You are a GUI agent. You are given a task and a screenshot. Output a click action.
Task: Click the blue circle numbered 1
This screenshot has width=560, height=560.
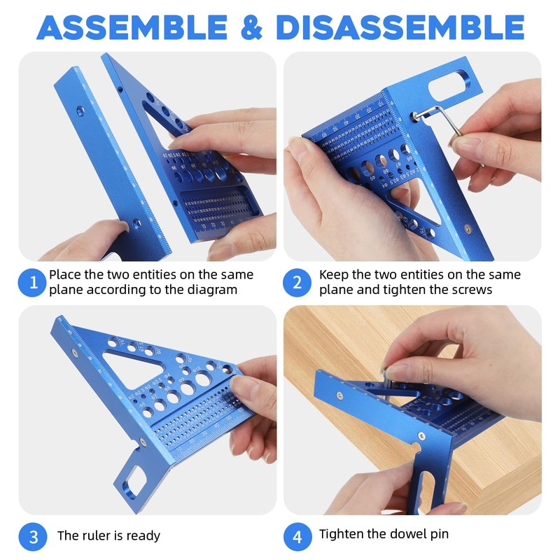click(x=32, y=283)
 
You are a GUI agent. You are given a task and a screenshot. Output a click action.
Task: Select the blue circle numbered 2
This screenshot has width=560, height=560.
click(x=297, y=283)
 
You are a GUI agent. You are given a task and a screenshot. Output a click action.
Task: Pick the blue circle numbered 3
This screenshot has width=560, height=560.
click(x=32, y=536)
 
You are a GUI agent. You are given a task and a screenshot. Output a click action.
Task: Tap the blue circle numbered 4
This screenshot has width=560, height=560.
click(x=297, y=536)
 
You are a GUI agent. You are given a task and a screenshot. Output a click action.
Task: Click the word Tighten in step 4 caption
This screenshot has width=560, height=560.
click(x=342, y=535)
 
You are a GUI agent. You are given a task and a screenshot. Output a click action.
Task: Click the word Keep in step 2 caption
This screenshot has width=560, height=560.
click(x=333, y=274)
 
